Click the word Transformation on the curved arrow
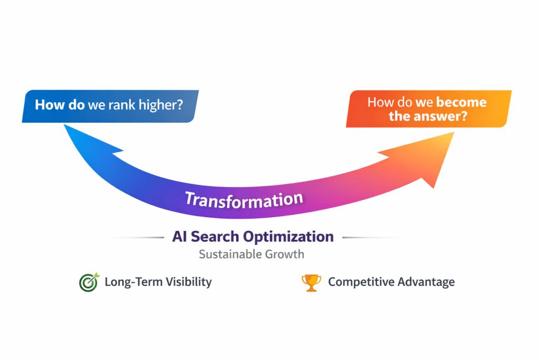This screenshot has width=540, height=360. (244, 200)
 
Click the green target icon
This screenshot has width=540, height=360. (89, 282)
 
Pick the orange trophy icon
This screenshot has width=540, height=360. (311, 283)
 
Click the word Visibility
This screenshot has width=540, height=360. (189, 282)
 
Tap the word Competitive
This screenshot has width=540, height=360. (361, 282)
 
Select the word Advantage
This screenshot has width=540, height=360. (426, 282)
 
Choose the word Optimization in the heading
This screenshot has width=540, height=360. (288, 237)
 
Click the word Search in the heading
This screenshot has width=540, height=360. (215, 237)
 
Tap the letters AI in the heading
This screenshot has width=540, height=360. (180, 237)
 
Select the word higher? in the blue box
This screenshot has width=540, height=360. (160, 105)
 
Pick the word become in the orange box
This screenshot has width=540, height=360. (461, 102)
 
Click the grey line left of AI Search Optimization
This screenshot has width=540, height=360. (137, 238)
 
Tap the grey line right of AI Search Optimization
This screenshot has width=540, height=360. (370, 238)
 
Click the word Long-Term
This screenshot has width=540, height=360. (133, 282)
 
